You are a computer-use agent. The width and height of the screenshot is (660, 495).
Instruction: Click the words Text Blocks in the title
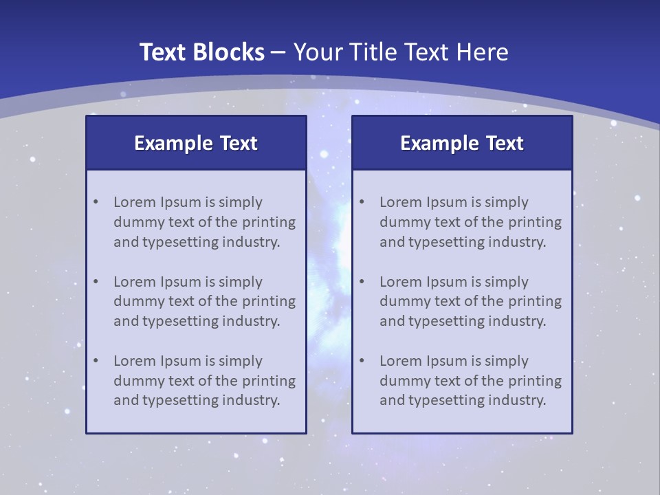pyautogui.click(x=202, y=52)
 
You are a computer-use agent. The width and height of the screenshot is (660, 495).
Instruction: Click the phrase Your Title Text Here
pyautogui.click(x=401, y=52)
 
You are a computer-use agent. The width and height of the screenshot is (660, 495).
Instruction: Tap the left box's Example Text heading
pyautogui.click(x=196, y=143)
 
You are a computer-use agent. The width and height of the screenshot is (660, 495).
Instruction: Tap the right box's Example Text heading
pyautogui.click(x=462, y=143)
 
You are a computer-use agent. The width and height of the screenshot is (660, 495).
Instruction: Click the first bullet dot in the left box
pyautogui.click(x=96, y=202)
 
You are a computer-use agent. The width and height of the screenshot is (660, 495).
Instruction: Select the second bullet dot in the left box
pyautogui.click(x=96, y=282)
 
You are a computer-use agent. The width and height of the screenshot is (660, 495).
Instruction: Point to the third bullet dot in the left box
pyautogui.click(x=96, y=361)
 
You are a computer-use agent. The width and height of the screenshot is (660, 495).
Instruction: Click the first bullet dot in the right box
pyautogui.click(x=362, y=202)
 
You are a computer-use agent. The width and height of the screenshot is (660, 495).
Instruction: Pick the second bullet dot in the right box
pyautogui.click(x=362, y=282)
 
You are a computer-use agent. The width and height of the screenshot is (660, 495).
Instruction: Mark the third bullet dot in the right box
pyautogui.click(x=362, y=361)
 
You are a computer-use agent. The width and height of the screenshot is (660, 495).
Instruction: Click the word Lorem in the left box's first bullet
pyautogui.click(x=134, y=202)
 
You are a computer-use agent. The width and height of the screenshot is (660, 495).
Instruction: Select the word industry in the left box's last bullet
pyautogui.click(x=252, y=400)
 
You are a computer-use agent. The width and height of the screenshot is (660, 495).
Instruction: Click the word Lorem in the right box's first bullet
pyautogui.click(x=400, y=202)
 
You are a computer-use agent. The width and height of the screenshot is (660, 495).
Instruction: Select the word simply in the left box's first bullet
pyautogui.click(x=241, y=202)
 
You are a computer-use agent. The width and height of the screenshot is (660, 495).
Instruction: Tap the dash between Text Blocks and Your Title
pyautogui.click(x=278, y=52)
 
